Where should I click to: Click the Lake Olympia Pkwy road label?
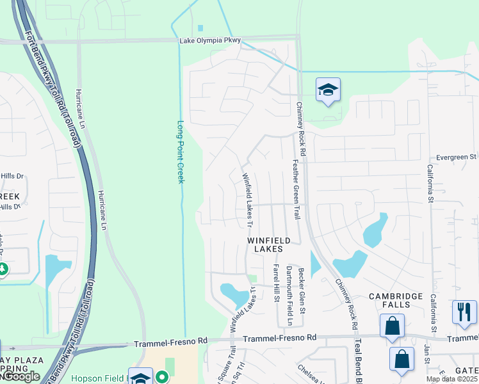pyautogui.click(x=210, y=40)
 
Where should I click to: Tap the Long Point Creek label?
pyautogui.click(x=181, y=152)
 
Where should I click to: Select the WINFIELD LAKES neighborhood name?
pyautogui.click(x=269, y=244)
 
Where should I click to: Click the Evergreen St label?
pyautogui.click(x=456, y=156)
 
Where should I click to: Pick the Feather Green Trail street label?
pyautogui.click(x=296, y=189)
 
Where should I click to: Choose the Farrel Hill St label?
pyautogui.click(x=276, y=283)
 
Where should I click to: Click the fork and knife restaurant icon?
pyautogui.click(x=464, y=312)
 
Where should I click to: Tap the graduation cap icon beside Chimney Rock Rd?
pyautogui.click(x=328, y=90)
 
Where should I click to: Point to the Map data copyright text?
pyautogui.click(x=451, y=379)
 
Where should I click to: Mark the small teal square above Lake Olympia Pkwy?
pyautogui.click(x=200, y=28)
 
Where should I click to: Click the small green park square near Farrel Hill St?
pyautogui.click(x=253, y=278)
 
